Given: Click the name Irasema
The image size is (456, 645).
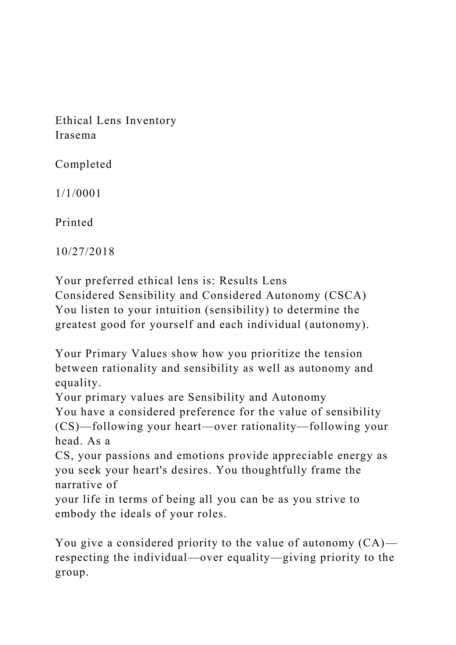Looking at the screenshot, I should click(75, 135).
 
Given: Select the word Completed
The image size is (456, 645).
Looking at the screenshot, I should click(83, 164).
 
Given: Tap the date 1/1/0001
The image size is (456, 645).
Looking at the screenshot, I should click(78, 193).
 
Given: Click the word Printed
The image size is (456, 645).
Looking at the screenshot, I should click(74, 222).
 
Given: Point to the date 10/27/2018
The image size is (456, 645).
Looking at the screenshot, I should click(85, 251).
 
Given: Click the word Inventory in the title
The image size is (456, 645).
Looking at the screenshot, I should click(151, 120).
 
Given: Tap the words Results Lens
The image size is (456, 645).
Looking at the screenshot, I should click(253, 281).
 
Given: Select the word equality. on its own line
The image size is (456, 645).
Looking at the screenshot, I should click(78, 383).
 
